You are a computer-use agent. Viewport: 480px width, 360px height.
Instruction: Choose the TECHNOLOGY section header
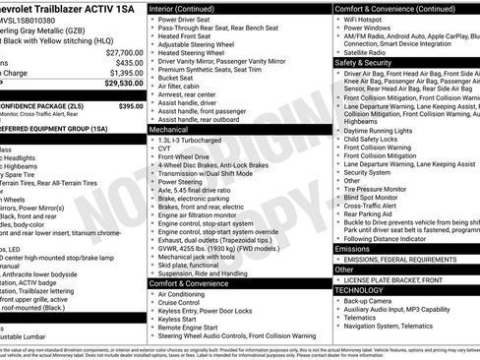pyautogui.click(x=360, y=290)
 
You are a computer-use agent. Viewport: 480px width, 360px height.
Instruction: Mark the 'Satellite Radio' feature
pyautogui.click(x=368, y=52)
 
